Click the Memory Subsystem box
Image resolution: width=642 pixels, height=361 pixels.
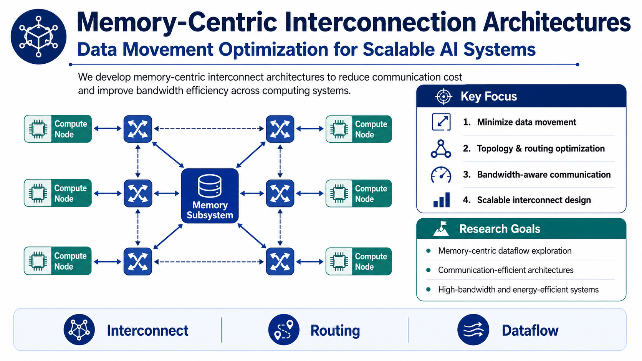point(210,196)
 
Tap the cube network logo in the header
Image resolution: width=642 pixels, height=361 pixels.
point(38,37)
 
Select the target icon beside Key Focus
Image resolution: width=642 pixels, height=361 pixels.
point(443,96)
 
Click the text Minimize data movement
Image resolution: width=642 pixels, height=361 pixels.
point(526,122)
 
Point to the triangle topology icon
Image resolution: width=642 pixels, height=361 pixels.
point(441,148)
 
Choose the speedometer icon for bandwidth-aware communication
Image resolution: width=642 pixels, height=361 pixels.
point(441,175)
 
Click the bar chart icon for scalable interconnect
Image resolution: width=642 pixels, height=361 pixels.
point(442,200)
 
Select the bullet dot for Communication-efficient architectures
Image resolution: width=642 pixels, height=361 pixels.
point(429,270)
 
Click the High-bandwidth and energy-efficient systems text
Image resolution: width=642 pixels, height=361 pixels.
point(518,289)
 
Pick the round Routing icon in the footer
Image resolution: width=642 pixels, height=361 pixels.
point(284,330)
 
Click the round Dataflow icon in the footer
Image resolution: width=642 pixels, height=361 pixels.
point(473,330)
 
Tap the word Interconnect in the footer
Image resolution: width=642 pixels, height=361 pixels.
point(147,330)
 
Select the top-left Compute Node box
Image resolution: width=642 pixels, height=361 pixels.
point(58,129)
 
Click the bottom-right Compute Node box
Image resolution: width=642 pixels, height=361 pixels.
point(359,261)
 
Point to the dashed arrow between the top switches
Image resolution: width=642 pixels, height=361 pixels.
point(209,129)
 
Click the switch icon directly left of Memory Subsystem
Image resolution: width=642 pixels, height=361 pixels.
point(138,193)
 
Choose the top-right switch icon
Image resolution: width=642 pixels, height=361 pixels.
point(280,129)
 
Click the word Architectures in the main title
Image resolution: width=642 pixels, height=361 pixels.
point(557,22)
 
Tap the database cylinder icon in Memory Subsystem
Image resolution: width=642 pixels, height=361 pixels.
point(210,186)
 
